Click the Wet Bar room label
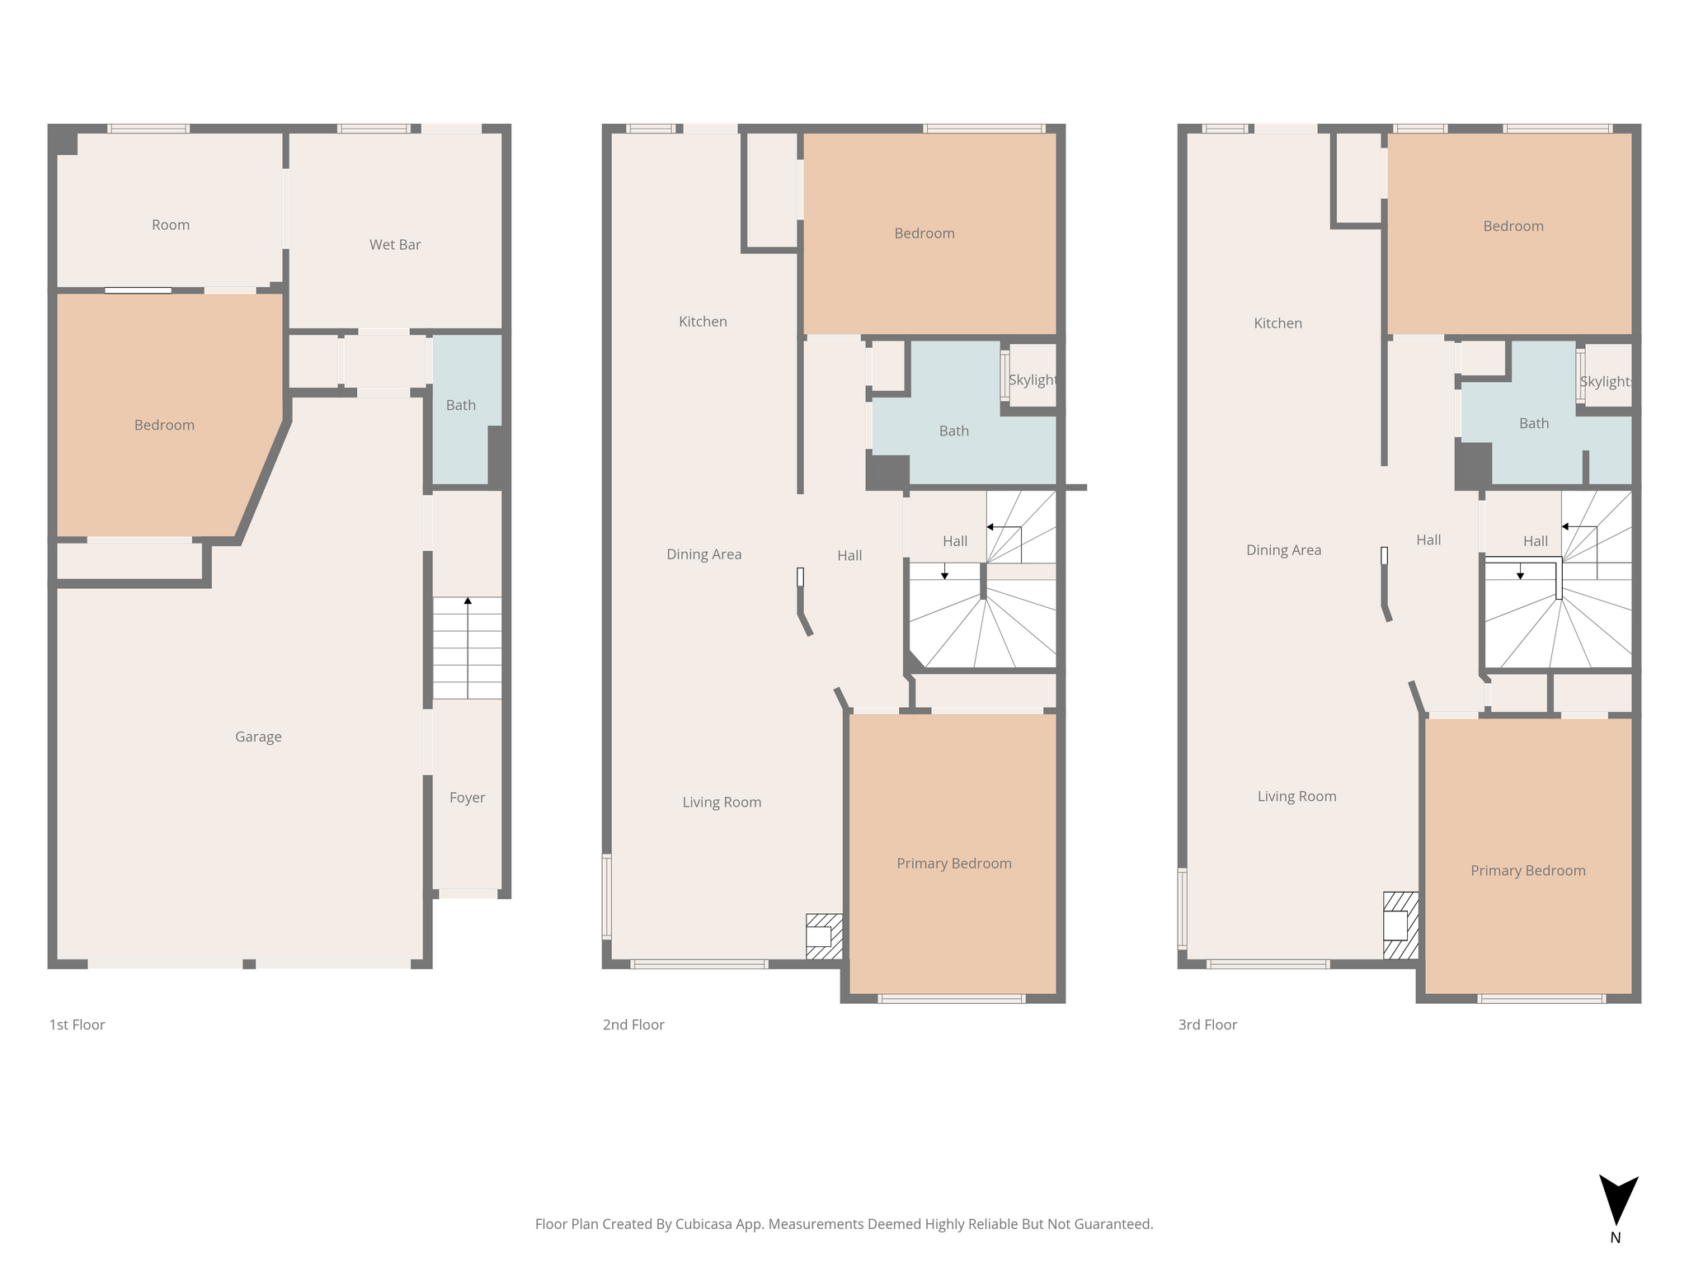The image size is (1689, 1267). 395,245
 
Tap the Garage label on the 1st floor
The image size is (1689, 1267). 258,737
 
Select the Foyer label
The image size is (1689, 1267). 467,798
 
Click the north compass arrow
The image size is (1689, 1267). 1618,1201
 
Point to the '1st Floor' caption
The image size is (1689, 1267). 78,1024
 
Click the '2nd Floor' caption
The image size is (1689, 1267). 633,1024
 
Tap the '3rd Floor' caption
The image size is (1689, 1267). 1207,1024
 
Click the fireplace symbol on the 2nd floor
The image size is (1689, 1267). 824,936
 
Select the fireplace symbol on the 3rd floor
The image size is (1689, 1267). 1400,926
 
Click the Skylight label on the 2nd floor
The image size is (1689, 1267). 1033,379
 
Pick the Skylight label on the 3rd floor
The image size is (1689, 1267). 1606,381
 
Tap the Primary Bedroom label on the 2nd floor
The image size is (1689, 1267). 954,864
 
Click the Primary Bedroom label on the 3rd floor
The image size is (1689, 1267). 1528,871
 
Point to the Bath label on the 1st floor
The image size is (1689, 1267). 461,405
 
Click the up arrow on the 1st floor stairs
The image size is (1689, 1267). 468,648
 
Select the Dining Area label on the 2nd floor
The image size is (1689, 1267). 704,554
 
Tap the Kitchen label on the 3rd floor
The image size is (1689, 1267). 1278,323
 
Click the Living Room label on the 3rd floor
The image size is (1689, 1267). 1297,796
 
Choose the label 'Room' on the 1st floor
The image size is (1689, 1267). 171,225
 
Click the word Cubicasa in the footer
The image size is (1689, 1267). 707,1224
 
